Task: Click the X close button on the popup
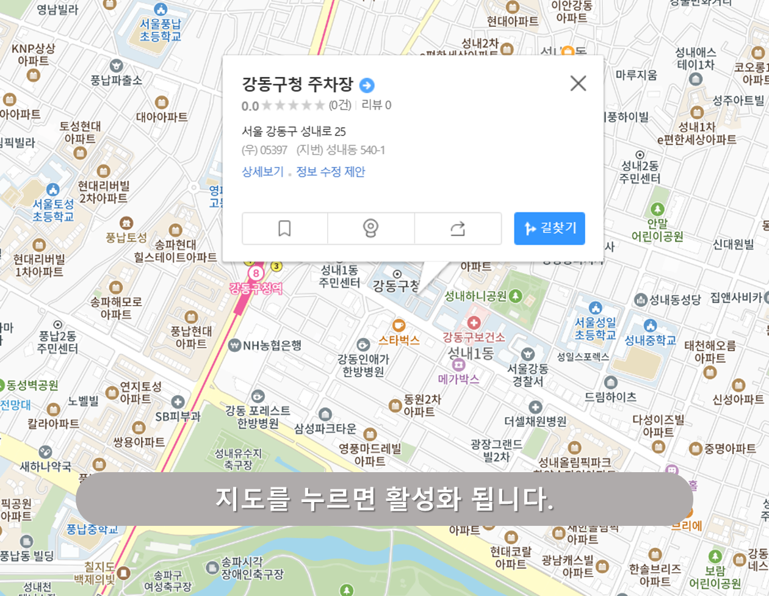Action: click(578, 84)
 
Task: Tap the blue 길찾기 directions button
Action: click(549, 228)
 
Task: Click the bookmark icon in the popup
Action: click(284, 228)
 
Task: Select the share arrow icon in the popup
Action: click(458, 228)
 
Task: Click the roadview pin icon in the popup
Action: click(370, 228)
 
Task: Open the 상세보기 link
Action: click(262, 171)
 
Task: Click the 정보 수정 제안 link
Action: click(331, 171)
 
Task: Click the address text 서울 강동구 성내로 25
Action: click(294, 131)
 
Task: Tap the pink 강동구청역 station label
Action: click(256, 288)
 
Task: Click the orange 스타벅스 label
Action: click(399, 340)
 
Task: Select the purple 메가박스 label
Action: click(458, 379)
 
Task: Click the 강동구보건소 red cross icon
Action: click(474, 323)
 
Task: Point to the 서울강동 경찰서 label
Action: click(528, 375)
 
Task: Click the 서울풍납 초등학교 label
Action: click(161, 30)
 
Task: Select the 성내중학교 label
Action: click(650, 340)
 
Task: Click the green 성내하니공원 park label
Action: click(475, 296)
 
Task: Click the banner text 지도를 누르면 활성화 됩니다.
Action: click(385, 499)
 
